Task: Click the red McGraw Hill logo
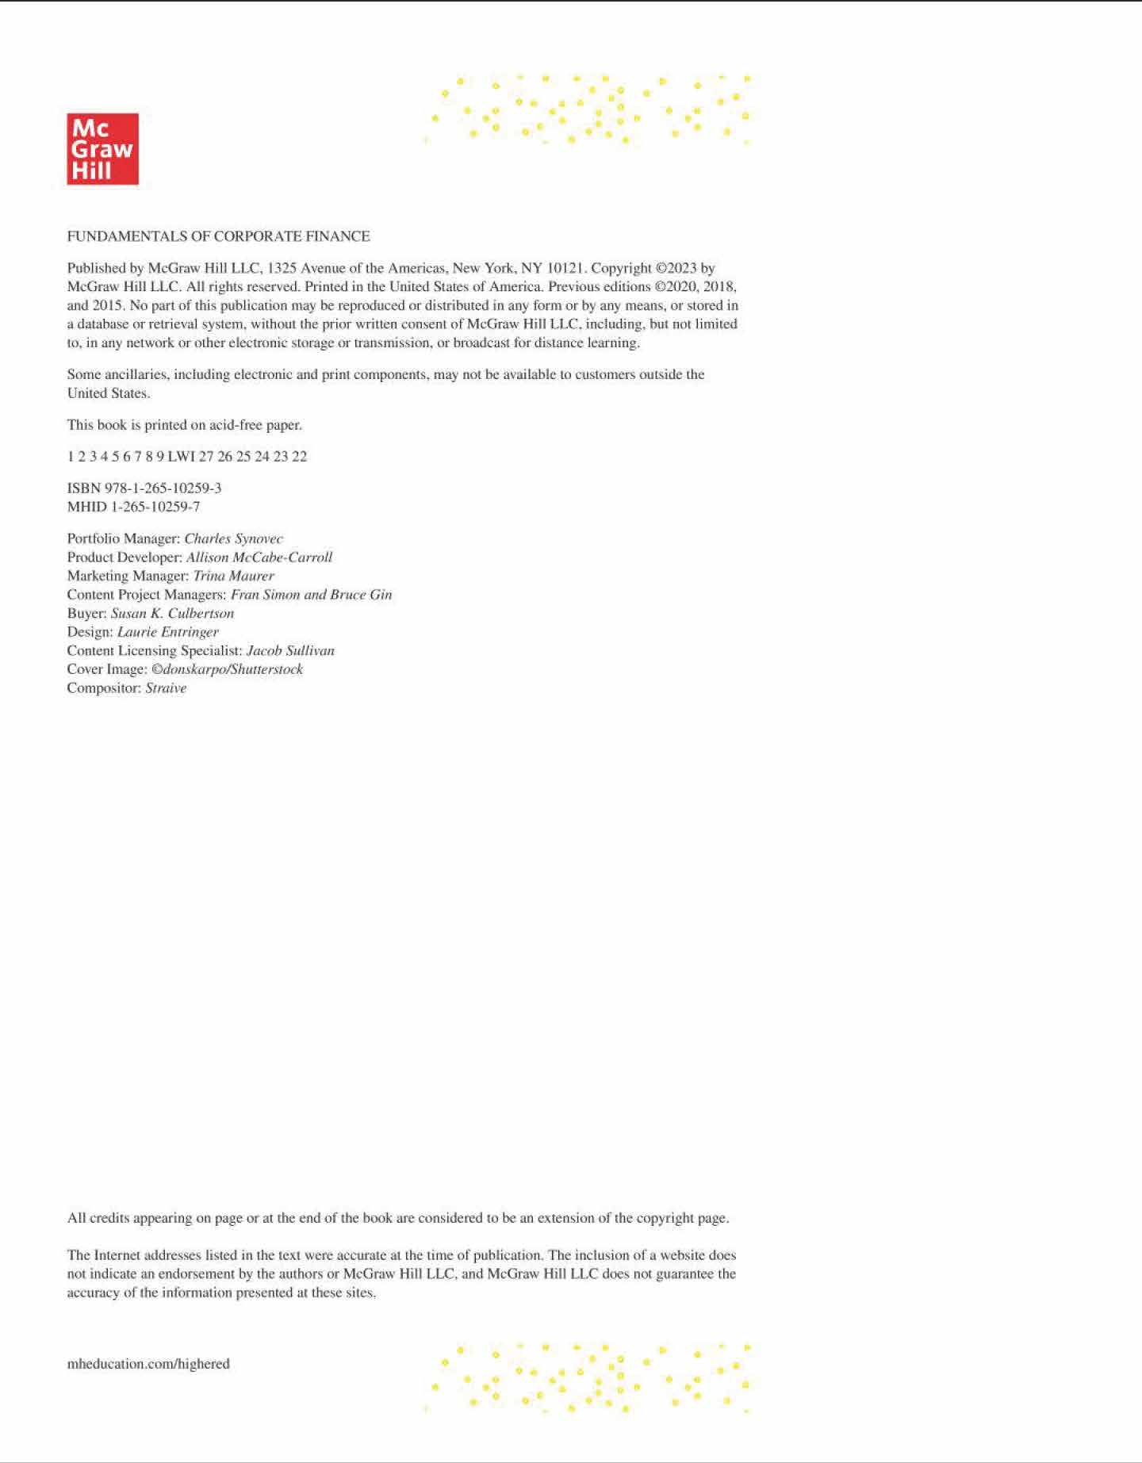pyautogui.click(x=102, y=149)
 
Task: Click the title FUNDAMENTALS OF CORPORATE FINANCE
pyautogui.click(x=218, y=236)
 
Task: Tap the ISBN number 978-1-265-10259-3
pyautogui.click(x=163, y=488)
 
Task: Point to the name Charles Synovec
pyautogui.click(x=233, y=538)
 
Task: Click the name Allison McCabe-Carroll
pyautogui.click(x=259, y=557)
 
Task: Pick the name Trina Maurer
pyautogui.click(x=233, y=576)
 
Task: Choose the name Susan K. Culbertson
pyautogui.click(x=172, y=613)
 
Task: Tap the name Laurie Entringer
pyautogui.click(x=167, y=632)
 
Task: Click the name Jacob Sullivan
pyautogui.click(x=290, y=650)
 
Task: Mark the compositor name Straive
pyautogui.click(x=166, y=688)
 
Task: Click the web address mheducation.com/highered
pyautogui.click(x=148, y=1364)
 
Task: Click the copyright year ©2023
pyautogui.click(x=676, y=268)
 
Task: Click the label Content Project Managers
pyautogui.click(x=146, y=595)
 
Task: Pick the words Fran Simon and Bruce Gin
pyautogui.click(x=311, y=595)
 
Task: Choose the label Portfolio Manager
pyautogui.click(x=123, y=538)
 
